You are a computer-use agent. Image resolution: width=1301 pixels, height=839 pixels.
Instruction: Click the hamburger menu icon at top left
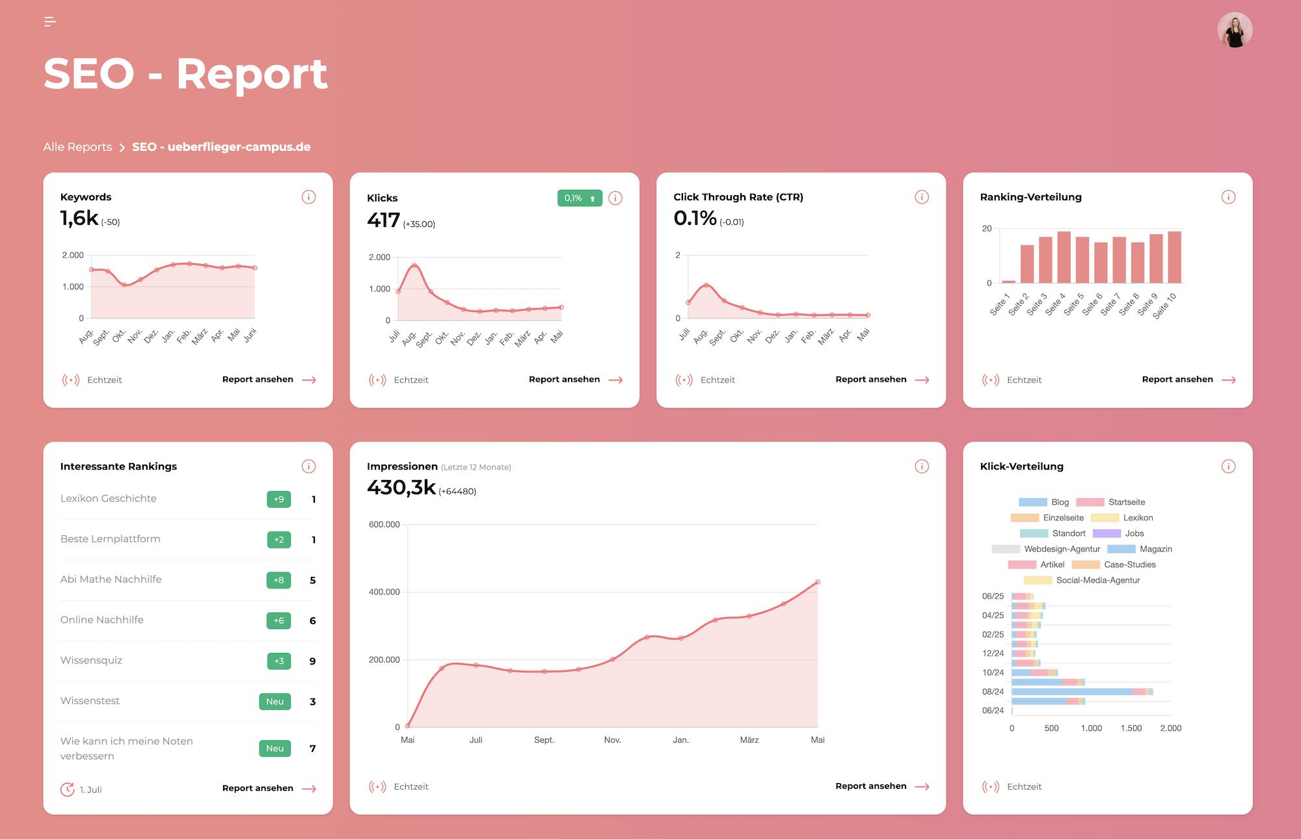[x=50, y=22]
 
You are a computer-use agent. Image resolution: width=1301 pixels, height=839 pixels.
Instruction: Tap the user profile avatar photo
[x=1234, y=31]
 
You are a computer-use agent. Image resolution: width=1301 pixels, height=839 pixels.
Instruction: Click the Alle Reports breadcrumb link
[x=77, y=147]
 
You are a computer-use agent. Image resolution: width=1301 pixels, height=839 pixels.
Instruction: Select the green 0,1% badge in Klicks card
[x=579, y=198]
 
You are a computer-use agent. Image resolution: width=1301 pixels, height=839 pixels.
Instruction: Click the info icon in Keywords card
[x=308, y=197]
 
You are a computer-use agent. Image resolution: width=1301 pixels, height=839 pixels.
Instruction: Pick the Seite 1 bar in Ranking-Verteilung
[x=1008, y=281]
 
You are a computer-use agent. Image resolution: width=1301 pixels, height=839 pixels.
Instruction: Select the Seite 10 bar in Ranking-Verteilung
[x=1174, y=258]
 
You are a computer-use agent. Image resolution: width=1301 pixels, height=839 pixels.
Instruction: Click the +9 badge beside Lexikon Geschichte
[x=278, y=499]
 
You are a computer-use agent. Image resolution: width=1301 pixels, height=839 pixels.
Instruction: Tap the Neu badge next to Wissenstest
[x=275, y=702]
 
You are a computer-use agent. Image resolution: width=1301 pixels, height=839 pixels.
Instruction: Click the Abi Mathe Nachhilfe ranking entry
[x=111, y=579]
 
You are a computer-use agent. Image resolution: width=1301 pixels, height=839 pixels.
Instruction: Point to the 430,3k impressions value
[x=401, y=487]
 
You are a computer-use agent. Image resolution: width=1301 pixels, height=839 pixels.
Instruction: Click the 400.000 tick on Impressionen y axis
[x=384, y=592]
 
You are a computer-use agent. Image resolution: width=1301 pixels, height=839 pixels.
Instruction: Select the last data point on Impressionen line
[x=818, y=582]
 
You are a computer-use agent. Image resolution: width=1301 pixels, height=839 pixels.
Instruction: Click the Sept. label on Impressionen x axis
[x=544, y=740]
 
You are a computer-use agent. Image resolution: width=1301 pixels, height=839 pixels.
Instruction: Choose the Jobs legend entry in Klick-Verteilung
[x=1134, y=533]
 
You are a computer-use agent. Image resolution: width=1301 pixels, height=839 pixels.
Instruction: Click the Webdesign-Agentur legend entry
[x=1062, y=549]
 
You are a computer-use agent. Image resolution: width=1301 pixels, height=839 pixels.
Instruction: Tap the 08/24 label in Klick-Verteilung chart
[x=993, y=691]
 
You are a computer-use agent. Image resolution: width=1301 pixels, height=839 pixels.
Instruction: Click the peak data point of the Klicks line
[x=414, y=265]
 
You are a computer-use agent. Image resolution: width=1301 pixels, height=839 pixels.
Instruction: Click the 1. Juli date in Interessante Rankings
[x=90, y=790]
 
